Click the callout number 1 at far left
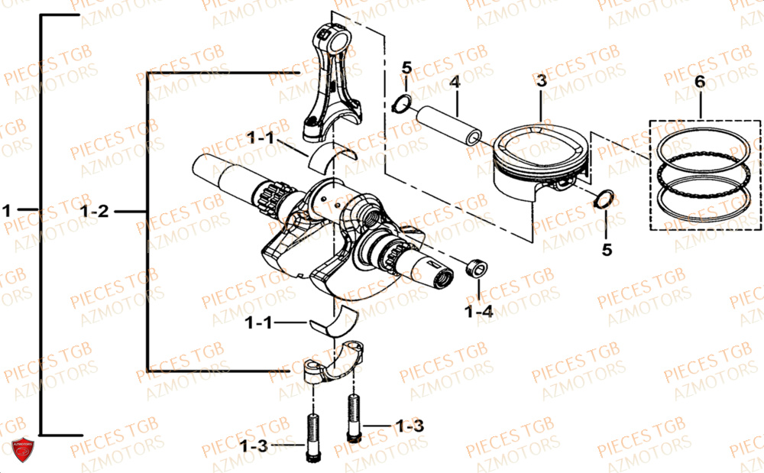8,209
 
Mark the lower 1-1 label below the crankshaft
258,323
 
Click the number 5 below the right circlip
607,249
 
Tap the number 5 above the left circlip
406,67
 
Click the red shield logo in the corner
21,452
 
